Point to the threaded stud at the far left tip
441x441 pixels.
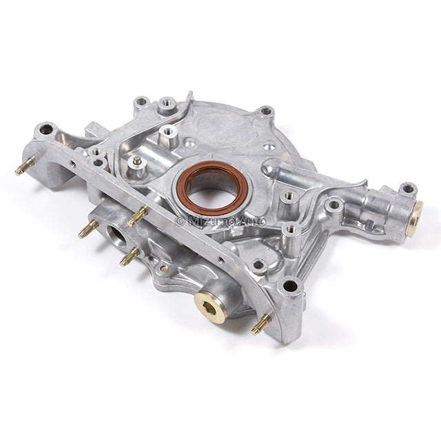pos(25,166)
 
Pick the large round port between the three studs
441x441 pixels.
pos(116,236)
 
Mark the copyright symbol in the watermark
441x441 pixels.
pos(180,221)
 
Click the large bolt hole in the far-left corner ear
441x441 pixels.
pos(46,130)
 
